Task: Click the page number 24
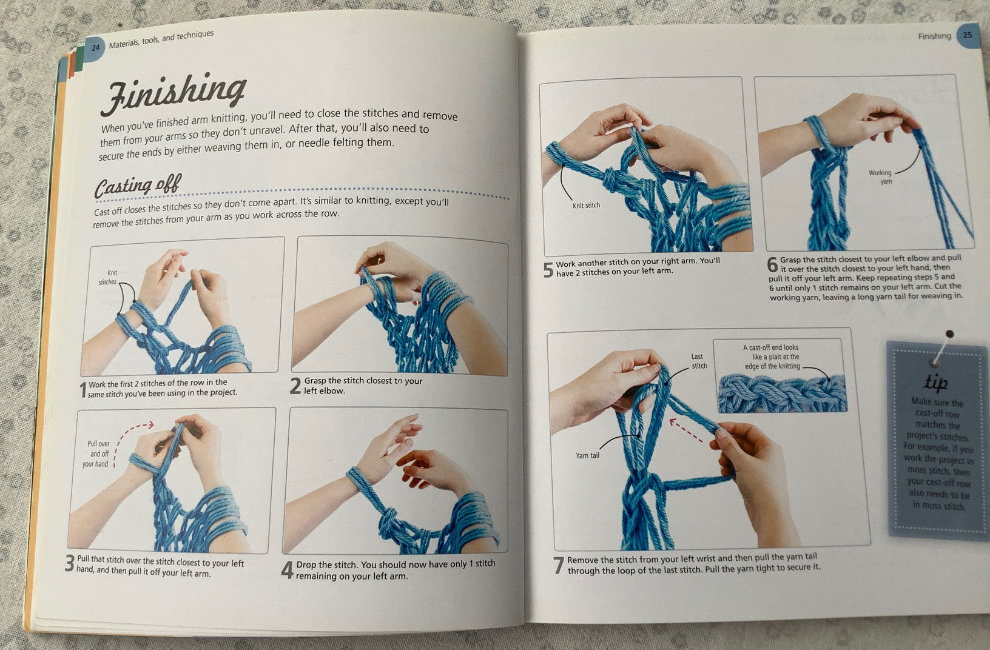coord(95,47)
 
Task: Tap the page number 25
coord(967,35)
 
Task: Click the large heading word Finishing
coord(173,93)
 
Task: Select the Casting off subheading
coord(138,186)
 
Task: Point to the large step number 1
coord(82,390)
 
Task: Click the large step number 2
coord(295,386)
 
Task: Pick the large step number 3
coord(70,563)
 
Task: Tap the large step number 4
coord(288,569)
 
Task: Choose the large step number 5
coord(548,270)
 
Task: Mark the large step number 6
coord(772,265)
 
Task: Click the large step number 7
coord(559,565)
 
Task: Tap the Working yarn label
coord(880,177)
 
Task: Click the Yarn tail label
coord(587,455)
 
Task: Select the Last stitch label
coord(699,361)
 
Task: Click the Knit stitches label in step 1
coord(107,278)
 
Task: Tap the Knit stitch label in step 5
coord(586,206)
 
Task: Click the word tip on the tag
coord(935,383)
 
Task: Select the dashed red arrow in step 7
coord(686,431)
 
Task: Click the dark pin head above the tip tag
coord(949,334)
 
